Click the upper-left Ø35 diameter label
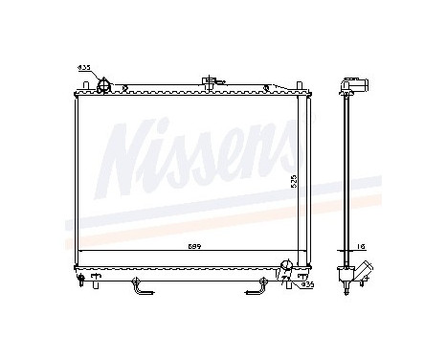83,69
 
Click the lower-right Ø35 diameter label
306,284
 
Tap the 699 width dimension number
192,246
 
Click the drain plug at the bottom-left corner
94,281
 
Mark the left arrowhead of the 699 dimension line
79,251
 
